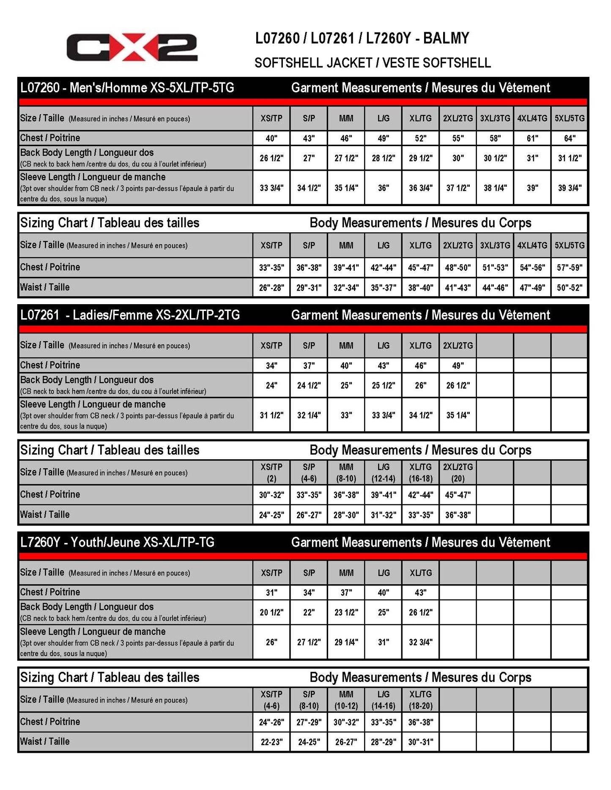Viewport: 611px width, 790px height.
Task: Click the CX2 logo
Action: [132, 47]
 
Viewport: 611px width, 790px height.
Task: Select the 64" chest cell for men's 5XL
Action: [569, 139]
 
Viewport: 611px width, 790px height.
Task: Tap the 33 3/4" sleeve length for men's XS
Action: [271, 188]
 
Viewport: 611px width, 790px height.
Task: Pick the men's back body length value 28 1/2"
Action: [383, 158]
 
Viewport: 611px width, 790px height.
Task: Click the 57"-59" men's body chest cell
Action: [569, 267]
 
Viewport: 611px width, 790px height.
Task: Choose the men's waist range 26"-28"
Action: [271, 288]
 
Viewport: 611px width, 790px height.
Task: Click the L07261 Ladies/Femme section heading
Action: [130, 315]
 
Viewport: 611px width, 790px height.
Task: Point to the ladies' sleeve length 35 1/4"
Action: [458, 415]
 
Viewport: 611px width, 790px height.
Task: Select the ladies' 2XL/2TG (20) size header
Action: [458, 473]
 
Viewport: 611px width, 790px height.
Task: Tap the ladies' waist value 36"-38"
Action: [458, 515]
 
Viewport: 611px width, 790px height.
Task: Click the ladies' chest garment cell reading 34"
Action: [271, 365]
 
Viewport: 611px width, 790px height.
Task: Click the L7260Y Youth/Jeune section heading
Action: [118, 542]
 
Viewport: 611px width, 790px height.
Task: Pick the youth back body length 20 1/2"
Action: [271, 613]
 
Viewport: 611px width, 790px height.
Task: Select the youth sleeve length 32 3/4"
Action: [420, 642]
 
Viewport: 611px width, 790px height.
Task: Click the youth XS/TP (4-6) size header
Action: [271, 700]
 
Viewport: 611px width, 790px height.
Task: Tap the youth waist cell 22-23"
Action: [271, 742]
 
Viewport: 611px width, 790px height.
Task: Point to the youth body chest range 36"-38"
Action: [420, 722]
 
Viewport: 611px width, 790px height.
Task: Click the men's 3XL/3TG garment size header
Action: [495, 118]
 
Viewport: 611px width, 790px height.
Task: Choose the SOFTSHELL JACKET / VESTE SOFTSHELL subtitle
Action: [373, 63]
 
